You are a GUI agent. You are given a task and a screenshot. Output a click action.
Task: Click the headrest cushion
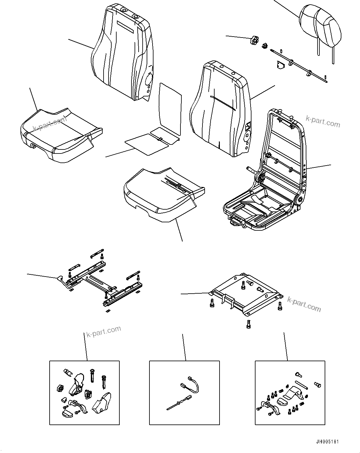tap(321, 25)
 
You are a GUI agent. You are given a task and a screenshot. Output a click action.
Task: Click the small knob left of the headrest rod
tap(255, 40)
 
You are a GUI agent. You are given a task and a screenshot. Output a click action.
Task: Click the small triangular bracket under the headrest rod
tap(280, 65)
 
